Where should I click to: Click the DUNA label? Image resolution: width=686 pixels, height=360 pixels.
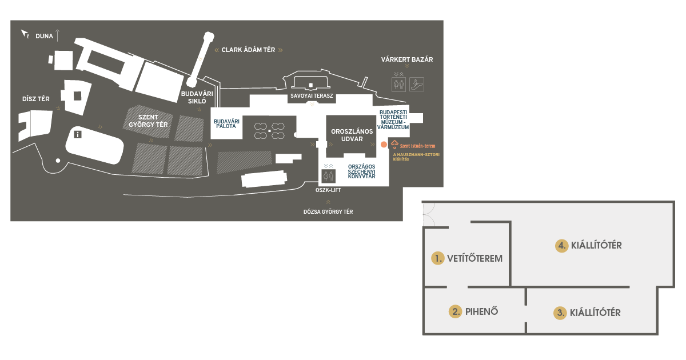tap(44, 36)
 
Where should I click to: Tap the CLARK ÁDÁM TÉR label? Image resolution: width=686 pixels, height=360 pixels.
tap(248, 50)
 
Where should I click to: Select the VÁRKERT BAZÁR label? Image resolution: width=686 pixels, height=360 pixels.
tap(407, 59)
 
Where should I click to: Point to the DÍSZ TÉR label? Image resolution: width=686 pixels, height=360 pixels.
tap(36, 99)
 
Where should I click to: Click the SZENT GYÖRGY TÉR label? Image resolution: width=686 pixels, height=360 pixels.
tap(148, 121)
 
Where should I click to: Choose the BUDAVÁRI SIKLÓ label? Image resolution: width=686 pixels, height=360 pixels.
tap(197, 97)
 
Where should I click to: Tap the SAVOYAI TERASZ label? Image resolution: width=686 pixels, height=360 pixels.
tap(312, 96)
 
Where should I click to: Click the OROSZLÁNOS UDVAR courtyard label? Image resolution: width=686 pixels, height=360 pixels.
tap(352, 135)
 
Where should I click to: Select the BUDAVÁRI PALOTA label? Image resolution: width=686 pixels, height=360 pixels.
tap(226, 123)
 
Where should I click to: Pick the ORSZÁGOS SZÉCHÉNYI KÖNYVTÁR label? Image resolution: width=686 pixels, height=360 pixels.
tap(361, 171)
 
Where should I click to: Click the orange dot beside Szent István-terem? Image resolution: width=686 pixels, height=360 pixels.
tap(384, 145)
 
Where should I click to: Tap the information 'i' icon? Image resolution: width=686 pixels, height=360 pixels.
tap(78, 134)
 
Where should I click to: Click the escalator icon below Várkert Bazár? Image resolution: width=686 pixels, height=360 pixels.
tap(417, 84)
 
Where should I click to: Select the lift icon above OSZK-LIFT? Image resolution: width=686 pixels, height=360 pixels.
tap(328, 176)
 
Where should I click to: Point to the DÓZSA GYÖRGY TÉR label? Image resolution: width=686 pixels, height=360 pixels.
tap(328, 212)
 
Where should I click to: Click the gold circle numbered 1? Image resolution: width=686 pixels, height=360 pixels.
tap(438, 258)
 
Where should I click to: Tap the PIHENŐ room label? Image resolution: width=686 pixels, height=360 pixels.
tap(481, 311)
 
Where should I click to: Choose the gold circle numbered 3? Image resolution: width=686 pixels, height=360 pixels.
tap(560, 313)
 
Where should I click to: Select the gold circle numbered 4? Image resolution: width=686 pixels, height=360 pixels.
tap(561, 246)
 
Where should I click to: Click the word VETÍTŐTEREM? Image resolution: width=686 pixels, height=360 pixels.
tap(474, 258)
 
